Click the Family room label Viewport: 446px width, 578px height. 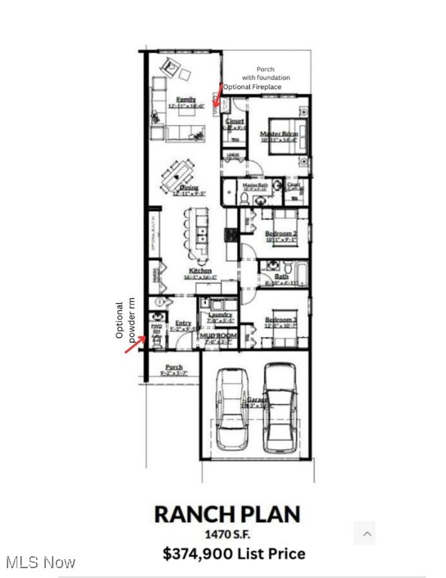pyautogui.click(x=187, y=99)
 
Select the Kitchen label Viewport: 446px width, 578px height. pyautogui.click(x=200, y=270)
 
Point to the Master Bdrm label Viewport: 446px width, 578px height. pyautogui.click(x=279, y=134)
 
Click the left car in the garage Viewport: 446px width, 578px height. pyautogui.click(x=229, y=409)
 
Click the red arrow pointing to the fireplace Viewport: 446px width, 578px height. pyautogui.click(x=217, y=96)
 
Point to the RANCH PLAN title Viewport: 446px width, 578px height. pyautogui.click(x=227, y=515)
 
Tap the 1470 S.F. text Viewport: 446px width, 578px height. pyautogui.click(x=227, y=534)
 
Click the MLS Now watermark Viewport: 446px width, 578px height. pyautogui.click(x=39, y=562)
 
